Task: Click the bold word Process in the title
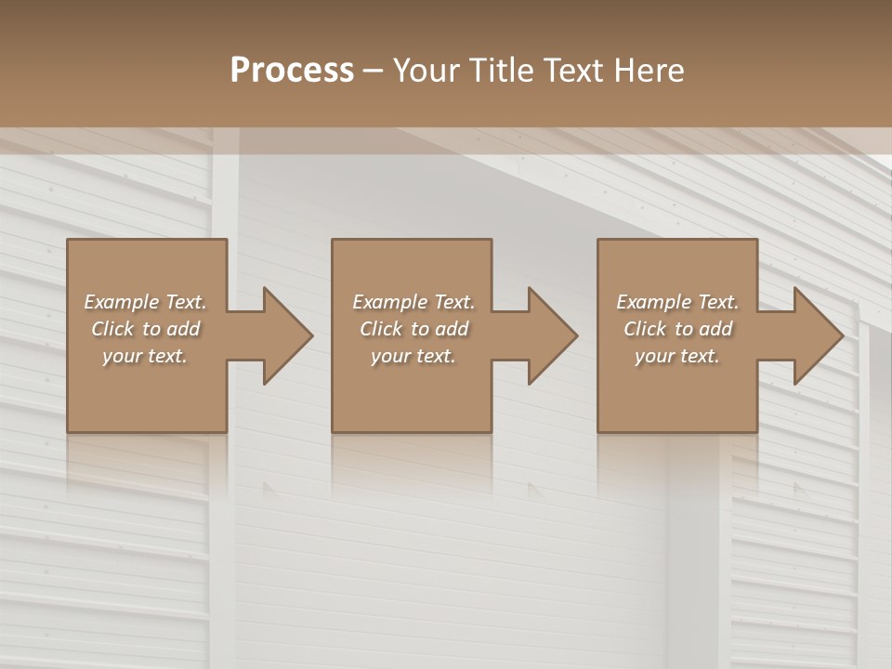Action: click(292, 71)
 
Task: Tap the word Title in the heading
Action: click(504, 71)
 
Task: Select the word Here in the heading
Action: click(649, 71)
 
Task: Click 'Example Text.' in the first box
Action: click(145, 302)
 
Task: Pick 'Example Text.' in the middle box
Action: click(413, 302)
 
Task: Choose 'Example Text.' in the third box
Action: click(677, 302)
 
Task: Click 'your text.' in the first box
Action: click(145, 356)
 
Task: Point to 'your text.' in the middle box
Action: click(413, 356)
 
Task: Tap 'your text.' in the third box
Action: click(677, 356)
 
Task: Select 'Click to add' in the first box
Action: click(145, 329)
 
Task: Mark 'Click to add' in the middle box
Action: click(413, 329)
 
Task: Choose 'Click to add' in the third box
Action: click(677, 329)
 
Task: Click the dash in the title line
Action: click(374, 71)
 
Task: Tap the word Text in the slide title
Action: click(573, 71)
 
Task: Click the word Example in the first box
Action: click(121, 302)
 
